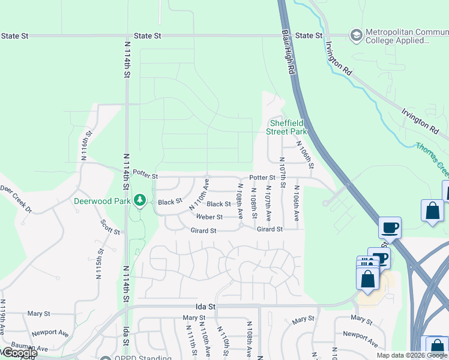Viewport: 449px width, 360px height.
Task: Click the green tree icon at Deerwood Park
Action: point(140,199)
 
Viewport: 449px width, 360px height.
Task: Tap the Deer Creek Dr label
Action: point(14,191)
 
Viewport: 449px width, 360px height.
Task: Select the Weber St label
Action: point(209,217)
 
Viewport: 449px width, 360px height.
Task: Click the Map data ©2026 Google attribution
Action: point(412,355)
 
